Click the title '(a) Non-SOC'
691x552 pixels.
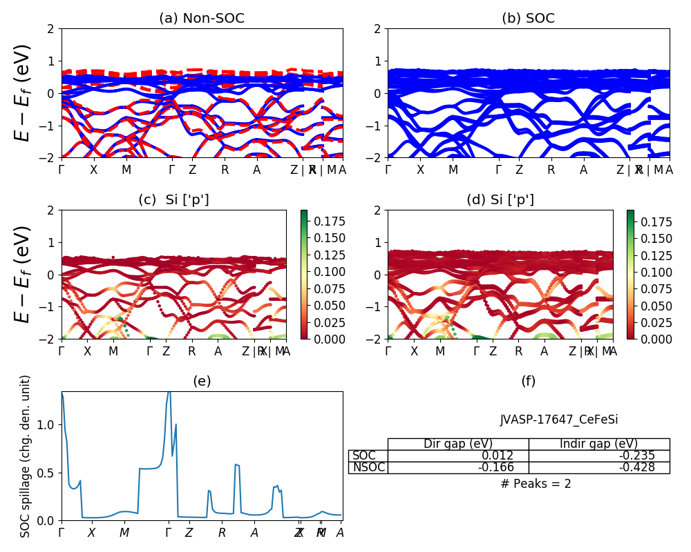(202, 19)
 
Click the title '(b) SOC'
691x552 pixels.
(528, 19)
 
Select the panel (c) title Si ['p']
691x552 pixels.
(173, 199)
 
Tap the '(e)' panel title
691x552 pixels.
(202, 381)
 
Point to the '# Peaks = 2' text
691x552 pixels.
(536, 484)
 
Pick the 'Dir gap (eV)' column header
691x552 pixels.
(457, 444)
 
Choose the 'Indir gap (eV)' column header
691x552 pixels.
(598, 444)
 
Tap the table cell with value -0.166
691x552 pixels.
(496, 467)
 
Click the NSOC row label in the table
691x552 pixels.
(368, 467)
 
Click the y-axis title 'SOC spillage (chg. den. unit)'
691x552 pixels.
(26, 456)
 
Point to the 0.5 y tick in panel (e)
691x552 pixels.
(47, 473)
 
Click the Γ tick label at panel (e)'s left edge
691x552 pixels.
(61, 533)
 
